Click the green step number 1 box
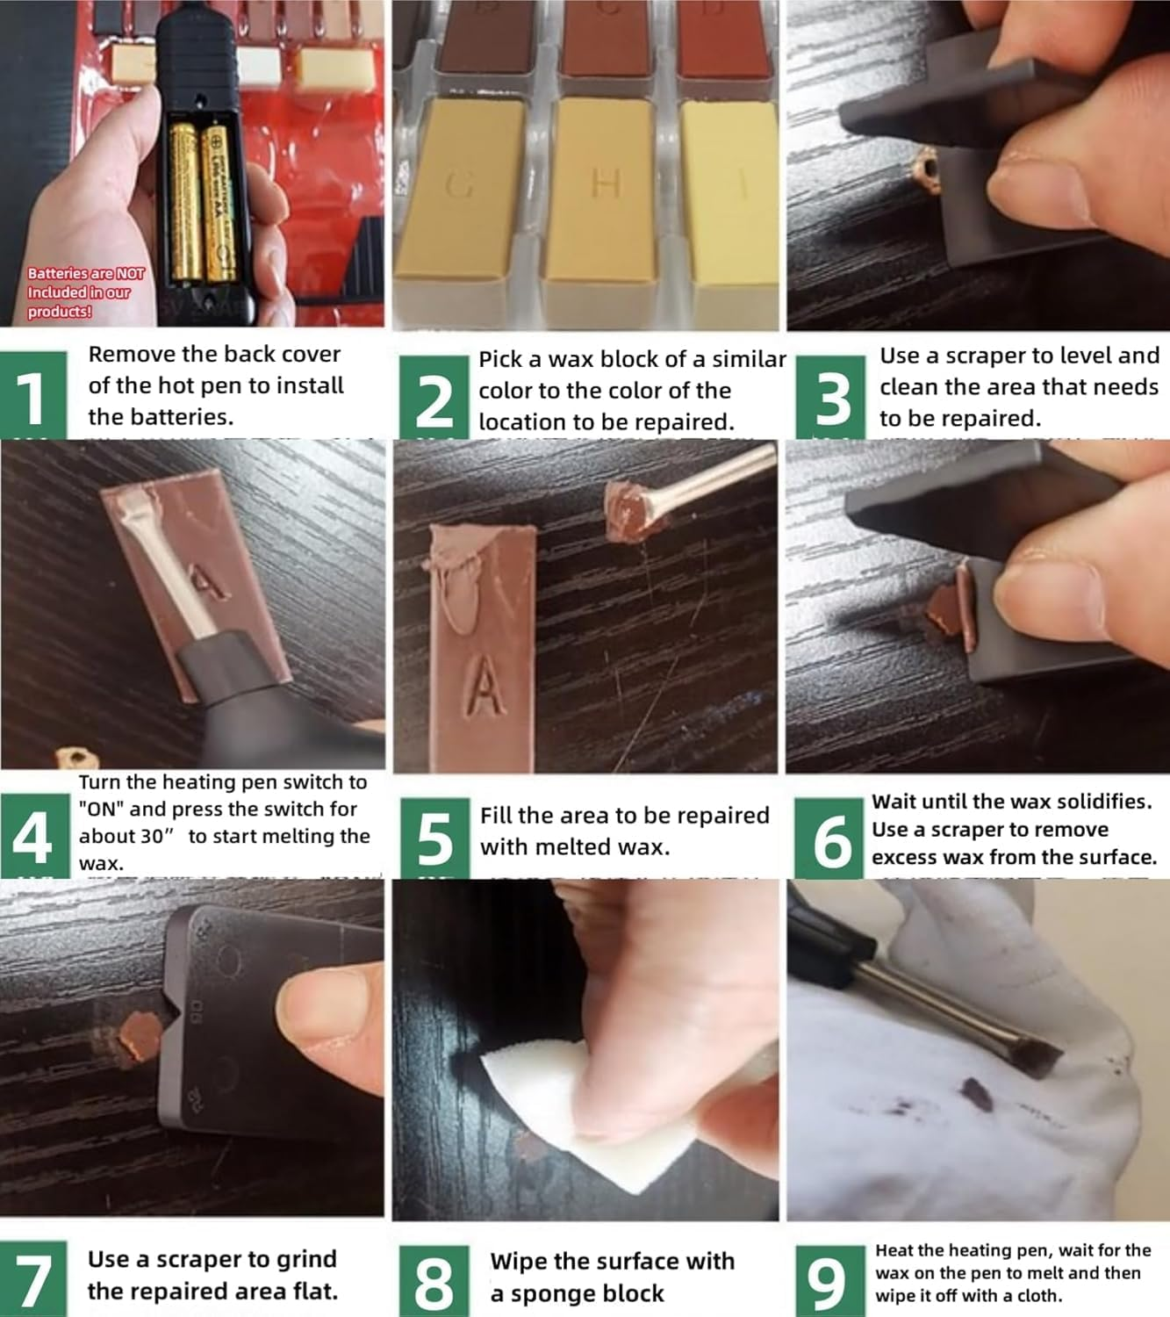coord(33,395)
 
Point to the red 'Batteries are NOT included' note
coord(84,292)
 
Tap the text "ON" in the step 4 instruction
coord(102,810)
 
